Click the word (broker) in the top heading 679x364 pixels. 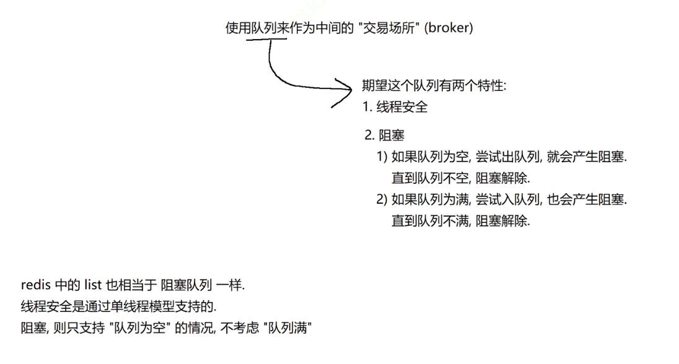pyautogui.click(x=449, y=28)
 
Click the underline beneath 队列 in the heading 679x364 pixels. pyautogui.click(x=266, y=40)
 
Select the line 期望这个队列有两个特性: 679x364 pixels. pyautogui.click(x=434, y=86)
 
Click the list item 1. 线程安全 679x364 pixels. pyautogui.click(x=395, y=107)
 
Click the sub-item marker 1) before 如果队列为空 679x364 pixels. pyautogui.click(x=382, y=157)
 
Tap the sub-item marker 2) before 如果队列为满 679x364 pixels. pyautogui.click(x=382, y=199)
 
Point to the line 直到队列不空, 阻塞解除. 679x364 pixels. pyautogui.click(x=460, y=178)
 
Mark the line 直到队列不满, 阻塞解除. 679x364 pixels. pyautogui.click(x=460, y=221)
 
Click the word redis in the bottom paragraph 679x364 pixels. pyautogui.click(x=34, y=285)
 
